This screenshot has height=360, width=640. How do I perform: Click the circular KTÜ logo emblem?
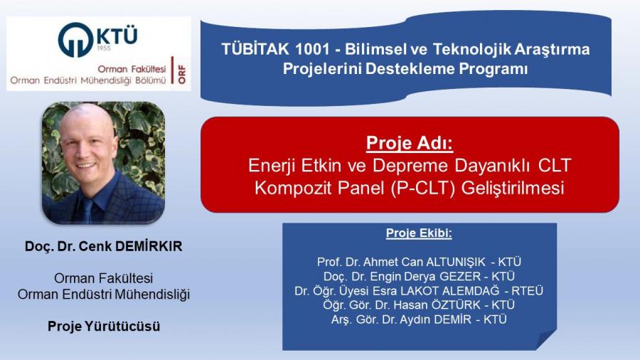(75, 39)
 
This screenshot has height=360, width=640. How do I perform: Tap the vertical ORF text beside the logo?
(181, 74)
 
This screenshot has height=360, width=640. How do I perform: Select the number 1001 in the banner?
(312, 49)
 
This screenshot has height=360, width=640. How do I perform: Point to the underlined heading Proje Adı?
(410, 143)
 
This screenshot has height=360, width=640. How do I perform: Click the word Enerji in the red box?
(272, 166)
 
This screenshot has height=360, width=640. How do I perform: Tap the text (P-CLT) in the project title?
(422, 188)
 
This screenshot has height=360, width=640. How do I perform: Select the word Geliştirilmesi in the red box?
(513, 188)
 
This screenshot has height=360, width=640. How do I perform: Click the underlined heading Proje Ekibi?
(419, 233)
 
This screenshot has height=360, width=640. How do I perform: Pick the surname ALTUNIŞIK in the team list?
(456, 262)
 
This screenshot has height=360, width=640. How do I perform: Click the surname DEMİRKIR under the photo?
(149, 246)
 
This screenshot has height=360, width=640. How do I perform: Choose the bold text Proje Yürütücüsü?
(104, 326)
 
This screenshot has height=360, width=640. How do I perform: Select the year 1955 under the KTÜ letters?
(104, 48)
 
